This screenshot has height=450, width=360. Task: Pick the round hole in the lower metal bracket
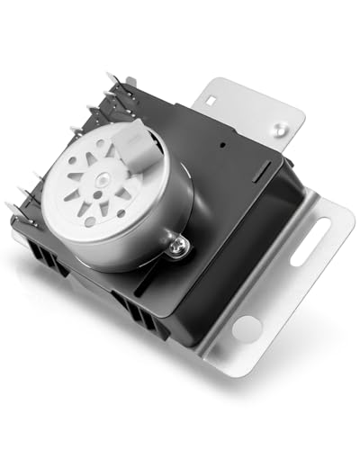point(245,327)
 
